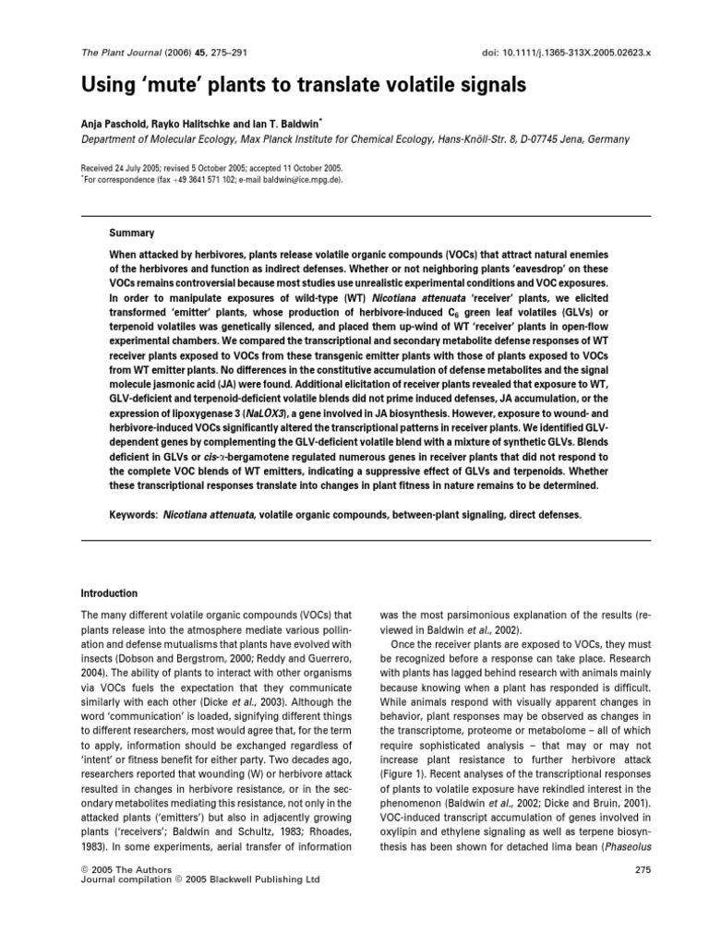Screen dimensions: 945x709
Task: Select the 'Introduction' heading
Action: pos(109,593)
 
